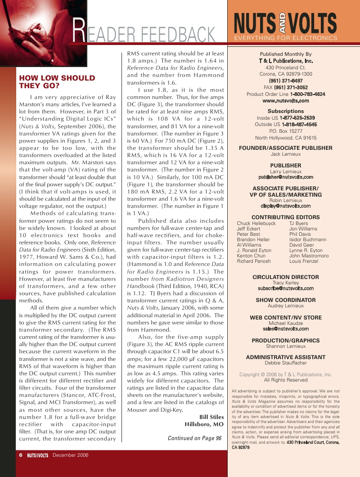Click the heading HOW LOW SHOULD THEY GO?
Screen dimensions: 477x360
point(57,82)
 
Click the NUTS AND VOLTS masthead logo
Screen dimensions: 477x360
point(285,23)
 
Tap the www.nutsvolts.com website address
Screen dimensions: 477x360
point(285,101)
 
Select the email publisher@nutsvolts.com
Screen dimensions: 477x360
point(285,177)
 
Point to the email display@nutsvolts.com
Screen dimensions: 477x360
point(285,206)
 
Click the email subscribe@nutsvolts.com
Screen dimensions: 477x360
point(285,288)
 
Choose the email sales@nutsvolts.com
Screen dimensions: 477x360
point(285,329)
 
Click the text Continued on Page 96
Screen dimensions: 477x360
point(194,438)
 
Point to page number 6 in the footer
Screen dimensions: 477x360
point(21,455)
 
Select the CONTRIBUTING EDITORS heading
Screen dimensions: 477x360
point(285,217)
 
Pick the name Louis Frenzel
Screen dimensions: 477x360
point(304,261)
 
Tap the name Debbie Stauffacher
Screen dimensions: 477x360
point(285,363)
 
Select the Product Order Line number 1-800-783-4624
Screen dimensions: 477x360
point(307,94)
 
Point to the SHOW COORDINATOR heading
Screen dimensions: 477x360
point(285,300)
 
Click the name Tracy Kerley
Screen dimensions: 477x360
point(285,283)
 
